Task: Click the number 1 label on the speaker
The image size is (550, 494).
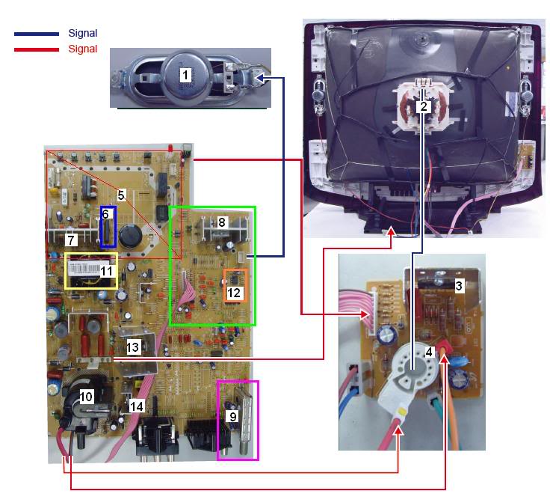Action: (185, 74)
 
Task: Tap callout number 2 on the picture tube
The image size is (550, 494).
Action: (424, 106)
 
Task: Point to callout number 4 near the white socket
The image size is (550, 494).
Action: (429, 351)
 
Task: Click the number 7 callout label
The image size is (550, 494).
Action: (71, 240)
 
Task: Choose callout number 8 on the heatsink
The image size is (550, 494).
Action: (221, 222)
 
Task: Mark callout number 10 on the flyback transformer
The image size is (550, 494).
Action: (87, 397)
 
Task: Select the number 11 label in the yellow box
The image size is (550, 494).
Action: (107, 271)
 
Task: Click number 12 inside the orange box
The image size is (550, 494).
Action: (234, 293)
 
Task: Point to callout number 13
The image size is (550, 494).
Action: (132, 347)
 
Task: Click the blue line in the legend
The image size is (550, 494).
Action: (36, 34)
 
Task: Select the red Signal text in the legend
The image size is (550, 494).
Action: (82, 49)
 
